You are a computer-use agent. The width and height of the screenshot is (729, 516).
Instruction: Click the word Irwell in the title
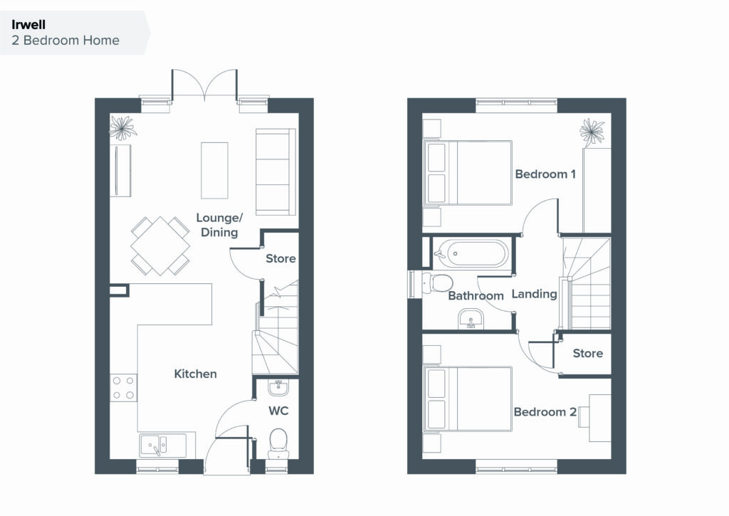28,25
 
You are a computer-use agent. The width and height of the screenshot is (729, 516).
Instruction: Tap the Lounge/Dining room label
219,225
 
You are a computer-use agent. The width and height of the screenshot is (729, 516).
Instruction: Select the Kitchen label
195,374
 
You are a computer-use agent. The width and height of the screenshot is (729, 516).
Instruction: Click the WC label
278,411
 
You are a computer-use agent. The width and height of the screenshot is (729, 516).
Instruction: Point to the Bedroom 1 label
545,174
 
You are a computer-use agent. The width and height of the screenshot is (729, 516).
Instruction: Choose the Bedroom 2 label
545,412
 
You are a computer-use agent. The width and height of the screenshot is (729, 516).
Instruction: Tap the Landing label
534,294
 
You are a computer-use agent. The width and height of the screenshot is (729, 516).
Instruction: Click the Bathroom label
476,295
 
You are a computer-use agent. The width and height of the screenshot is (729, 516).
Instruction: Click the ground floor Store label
280,258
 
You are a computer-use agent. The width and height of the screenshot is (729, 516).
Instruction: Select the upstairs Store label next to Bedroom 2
587,353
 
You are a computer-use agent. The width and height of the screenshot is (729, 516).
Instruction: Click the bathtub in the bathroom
471,253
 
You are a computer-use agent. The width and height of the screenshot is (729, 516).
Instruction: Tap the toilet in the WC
278,443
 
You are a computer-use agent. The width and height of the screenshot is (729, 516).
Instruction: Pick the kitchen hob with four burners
124,388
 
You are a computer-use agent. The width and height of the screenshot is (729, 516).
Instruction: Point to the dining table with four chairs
160,246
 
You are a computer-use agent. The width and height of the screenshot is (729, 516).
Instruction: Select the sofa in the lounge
276,172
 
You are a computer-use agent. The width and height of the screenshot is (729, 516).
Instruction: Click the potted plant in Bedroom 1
592,132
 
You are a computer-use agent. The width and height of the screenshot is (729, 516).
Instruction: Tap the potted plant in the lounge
122,127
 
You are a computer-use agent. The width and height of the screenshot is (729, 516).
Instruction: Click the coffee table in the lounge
214,171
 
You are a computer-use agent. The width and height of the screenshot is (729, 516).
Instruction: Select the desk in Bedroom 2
599,418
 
